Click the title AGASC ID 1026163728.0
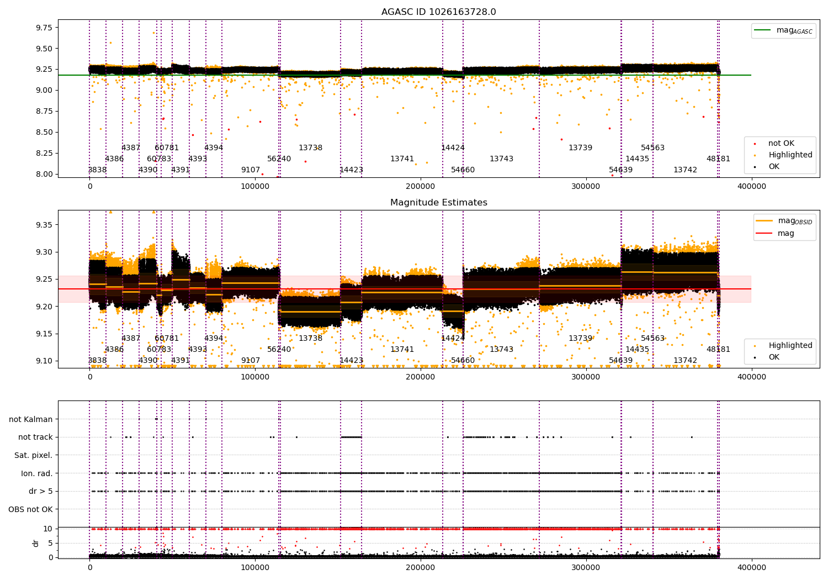tap(438, 12)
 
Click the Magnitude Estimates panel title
tap(438, 203)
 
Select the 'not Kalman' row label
tap(31, 419)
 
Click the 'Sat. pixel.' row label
tap(33, 455)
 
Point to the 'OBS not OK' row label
tap(30, 509)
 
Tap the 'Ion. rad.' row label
tap(36, 473)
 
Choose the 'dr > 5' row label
tap(40, 491)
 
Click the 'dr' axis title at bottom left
tap(36, 543)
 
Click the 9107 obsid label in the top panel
tap(250, 170)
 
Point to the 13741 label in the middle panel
tap(402, 349)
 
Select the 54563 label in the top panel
tap(652, 147)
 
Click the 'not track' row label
tap(35, 437)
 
